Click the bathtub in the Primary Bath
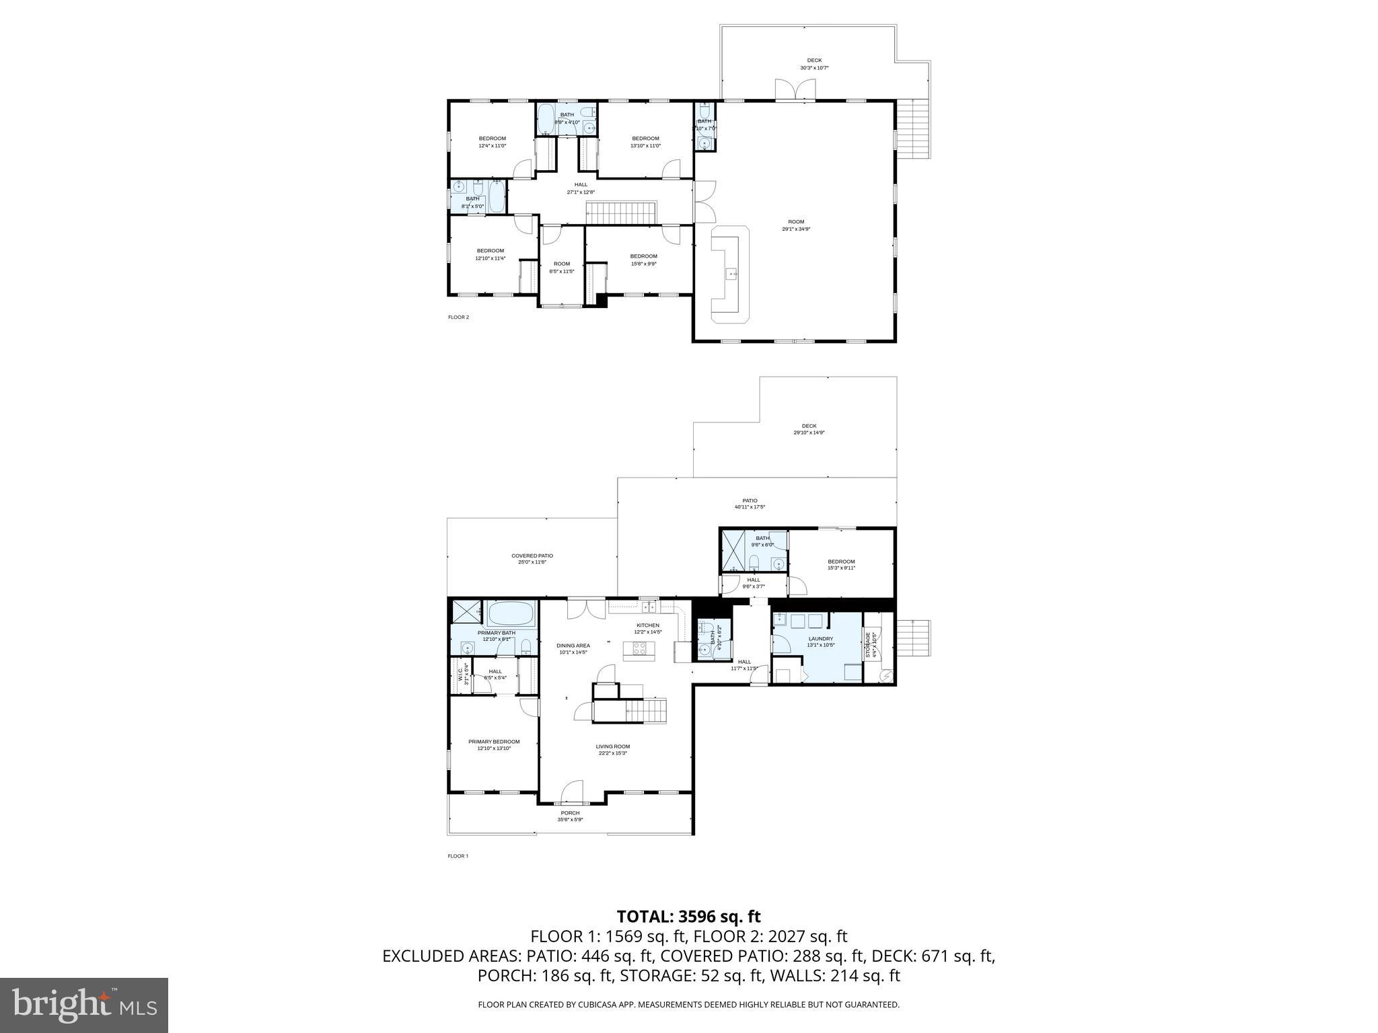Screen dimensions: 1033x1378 511,613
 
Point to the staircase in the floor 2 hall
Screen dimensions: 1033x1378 620,213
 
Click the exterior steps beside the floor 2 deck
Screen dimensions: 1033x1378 914,128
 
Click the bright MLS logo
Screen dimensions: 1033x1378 84,1005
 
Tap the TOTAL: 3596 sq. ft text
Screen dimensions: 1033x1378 688,917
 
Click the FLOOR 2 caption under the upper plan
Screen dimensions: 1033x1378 458,317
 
